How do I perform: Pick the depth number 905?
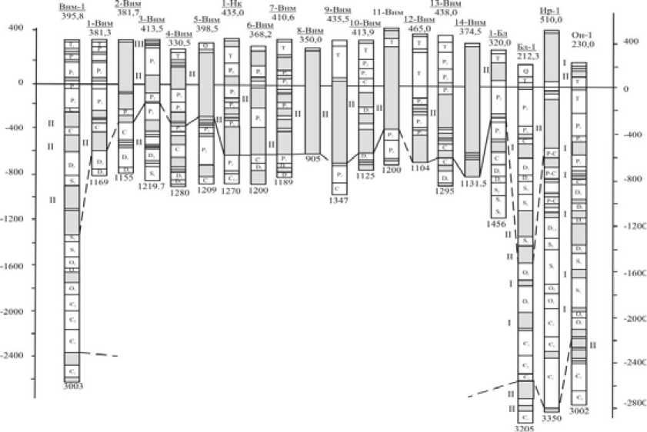click(x=312, y=158)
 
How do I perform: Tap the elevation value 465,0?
click(x=420, y=28)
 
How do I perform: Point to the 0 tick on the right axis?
click(x=628, y=88)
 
